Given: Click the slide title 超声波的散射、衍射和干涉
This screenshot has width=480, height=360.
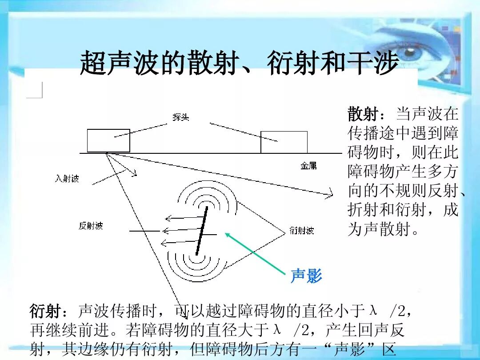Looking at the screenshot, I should pyautogui.click(x=239, y=64).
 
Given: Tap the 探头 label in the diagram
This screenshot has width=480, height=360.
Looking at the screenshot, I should pyautogui.click(x=181, y=117).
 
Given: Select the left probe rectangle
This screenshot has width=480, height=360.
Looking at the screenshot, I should pyautogui.click(x=108, y=140).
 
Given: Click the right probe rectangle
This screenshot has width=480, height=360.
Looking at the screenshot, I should pyautogui.click(x=284, y=142).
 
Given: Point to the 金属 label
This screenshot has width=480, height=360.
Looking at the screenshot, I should pyautogui.click(x=308, y=166).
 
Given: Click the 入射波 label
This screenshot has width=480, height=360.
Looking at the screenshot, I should pyautogui.click(x=67, y=179).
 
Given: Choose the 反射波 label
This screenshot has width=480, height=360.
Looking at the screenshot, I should pyautogui.click(x=91, y=226).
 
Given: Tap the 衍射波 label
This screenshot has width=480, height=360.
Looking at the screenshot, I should pyautogui.click(x=302, y=230).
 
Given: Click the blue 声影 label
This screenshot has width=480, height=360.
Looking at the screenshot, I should pyautogui.click(x=306, y=276).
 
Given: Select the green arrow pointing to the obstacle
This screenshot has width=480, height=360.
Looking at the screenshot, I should pyautogui.click(x=256, y=254).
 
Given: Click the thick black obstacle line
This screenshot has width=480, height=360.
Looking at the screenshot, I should pyautogui.click(x=201, y=230).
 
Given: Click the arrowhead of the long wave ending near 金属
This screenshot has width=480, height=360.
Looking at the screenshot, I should pyautogui.click(x=329, y=193).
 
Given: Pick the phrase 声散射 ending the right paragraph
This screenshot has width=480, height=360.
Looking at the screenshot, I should pyautogui.click(x=387, y=229).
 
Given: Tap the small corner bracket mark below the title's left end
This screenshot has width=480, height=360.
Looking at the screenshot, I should pyautogui.click(x=37, y=92).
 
